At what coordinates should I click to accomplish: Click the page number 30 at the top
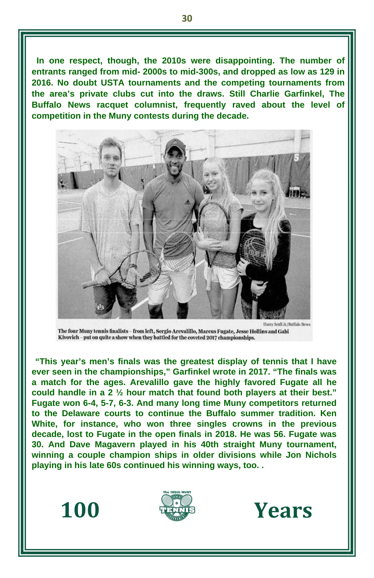point(187,18)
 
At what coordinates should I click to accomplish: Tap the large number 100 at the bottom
point(80,510)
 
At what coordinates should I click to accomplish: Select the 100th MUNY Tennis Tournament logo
point(177,506)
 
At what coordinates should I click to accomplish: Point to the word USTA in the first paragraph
point(112,83)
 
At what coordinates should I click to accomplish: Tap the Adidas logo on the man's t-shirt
point(187,202)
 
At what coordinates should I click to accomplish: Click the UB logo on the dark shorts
point(99,306)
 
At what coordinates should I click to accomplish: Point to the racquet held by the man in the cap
point(179,252)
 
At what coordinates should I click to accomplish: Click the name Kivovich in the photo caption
point(68,338)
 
